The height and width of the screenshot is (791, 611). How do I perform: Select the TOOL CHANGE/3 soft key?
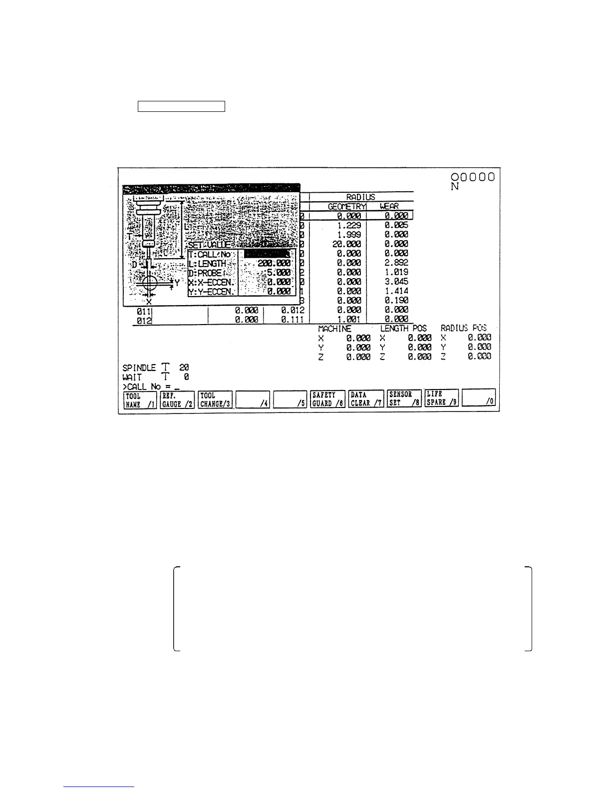(215, 399)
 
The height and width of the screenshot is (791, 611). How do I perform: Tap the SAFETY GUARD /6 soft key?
(327, 399)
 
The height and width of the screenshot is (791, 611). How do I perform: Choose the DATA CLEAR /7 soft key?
(366, 399)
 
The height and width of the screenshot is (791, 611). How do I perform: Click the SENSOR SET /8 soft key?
(404, 399)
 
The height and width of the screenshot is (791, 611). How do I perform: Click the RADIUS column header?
(361, 197)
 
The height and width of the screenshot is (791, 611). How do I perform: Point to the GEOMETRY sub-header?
(347, 206)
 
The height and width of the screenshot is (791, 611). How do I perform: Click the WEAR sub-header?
(389, 206)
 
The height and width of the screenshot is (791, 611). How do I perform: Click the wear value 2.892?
(396, 263)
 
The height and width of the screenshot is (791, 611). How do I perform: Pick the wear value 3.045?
(396, 282)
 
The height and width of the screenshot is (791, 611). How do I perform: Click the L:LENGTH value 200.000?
(274, 263)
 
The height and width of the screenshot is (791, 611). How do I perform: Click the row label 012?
(145, 320)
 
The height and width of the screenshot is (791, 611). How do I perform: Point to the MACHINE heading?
(335, 329)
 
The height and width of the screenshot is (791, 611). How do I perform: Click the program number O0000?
(473, 177)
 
